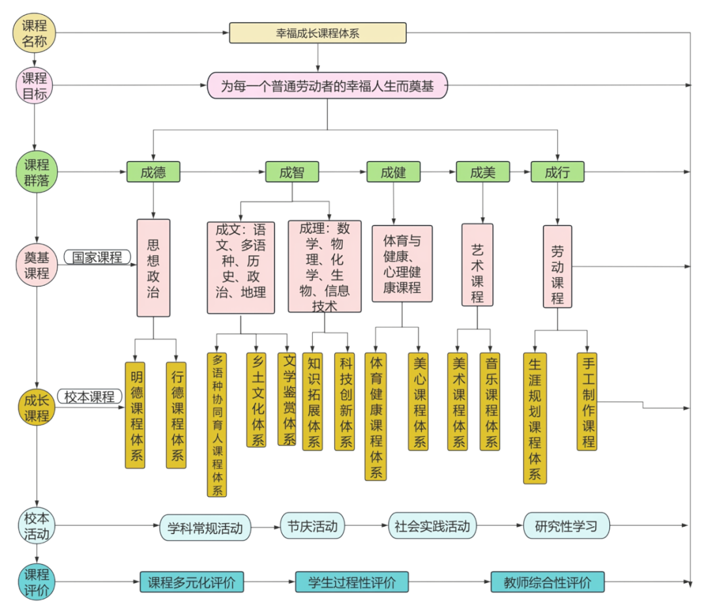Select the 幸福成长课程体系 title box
[317, 33]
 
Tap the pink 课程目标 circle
[35, 86]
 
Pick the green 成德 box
[153, 172]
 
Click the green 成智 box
[292, 172]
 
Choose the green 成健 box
[393, 172]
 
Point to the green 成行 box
[557, 172]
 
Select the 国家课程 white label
[97, 257]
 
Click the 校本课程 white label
[89, 396]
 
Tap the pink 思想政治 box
[153, 268]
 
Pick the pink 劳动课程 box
[557, 267]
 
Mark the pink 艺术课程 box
[477, 265]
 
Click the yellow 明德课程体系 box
[136, 415]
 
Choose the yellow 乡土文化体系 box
[256, 400]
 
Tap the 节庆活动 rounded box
[312, 526]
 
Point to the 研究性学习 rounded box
[566, 526]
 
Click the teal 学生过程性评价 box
[352, 582]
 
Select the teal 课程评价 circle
[37, 582]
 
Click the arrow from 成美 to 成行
[520, 172]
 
